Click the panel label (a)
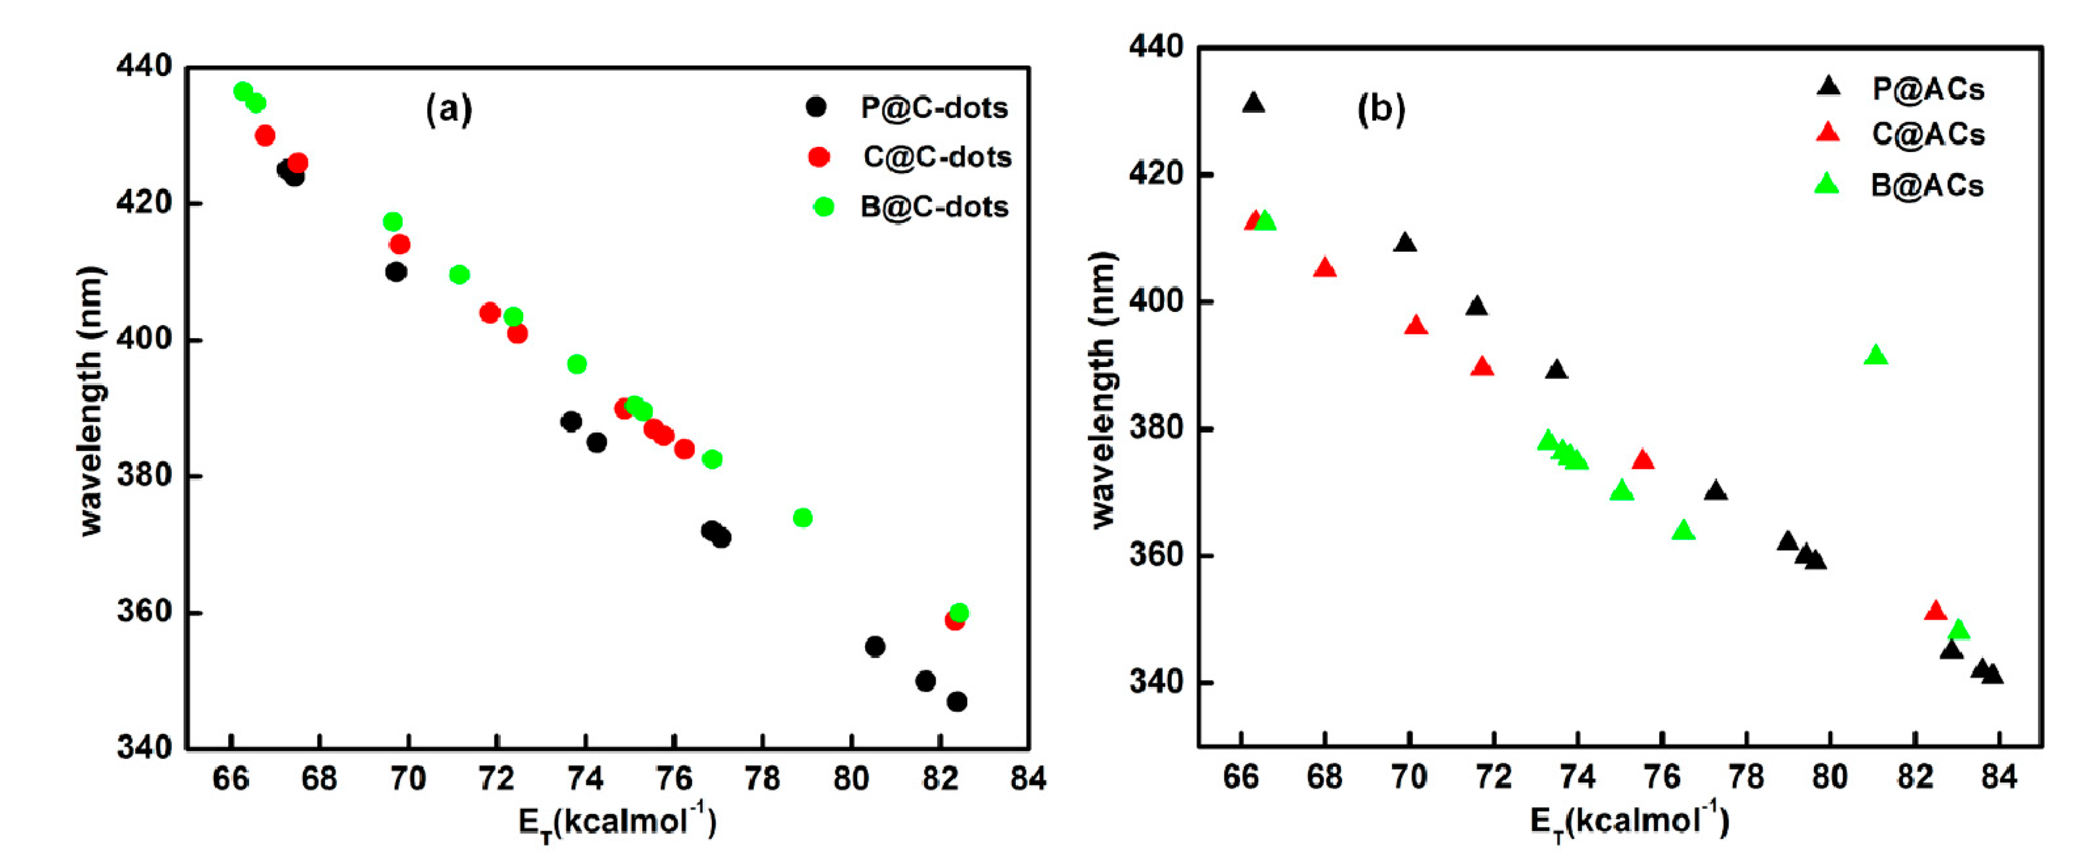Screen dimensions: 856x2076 [x=449, y=107]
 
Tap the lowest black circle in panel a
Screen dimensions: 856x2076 [x=957, y=702]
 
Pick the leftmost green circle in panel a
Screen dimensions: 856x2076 [x=243, y=91]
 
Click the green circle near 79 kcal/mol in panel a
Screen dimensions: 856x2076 [x=803, y=517]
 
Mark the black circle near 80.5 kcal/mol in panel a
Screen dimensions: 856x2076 [x=875, y=646]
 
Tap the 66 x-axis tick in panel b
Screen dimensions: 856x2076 [x=1241, y=777]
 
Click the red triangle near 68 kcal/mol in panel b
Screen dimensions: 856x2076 [x=1324, y=268]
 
